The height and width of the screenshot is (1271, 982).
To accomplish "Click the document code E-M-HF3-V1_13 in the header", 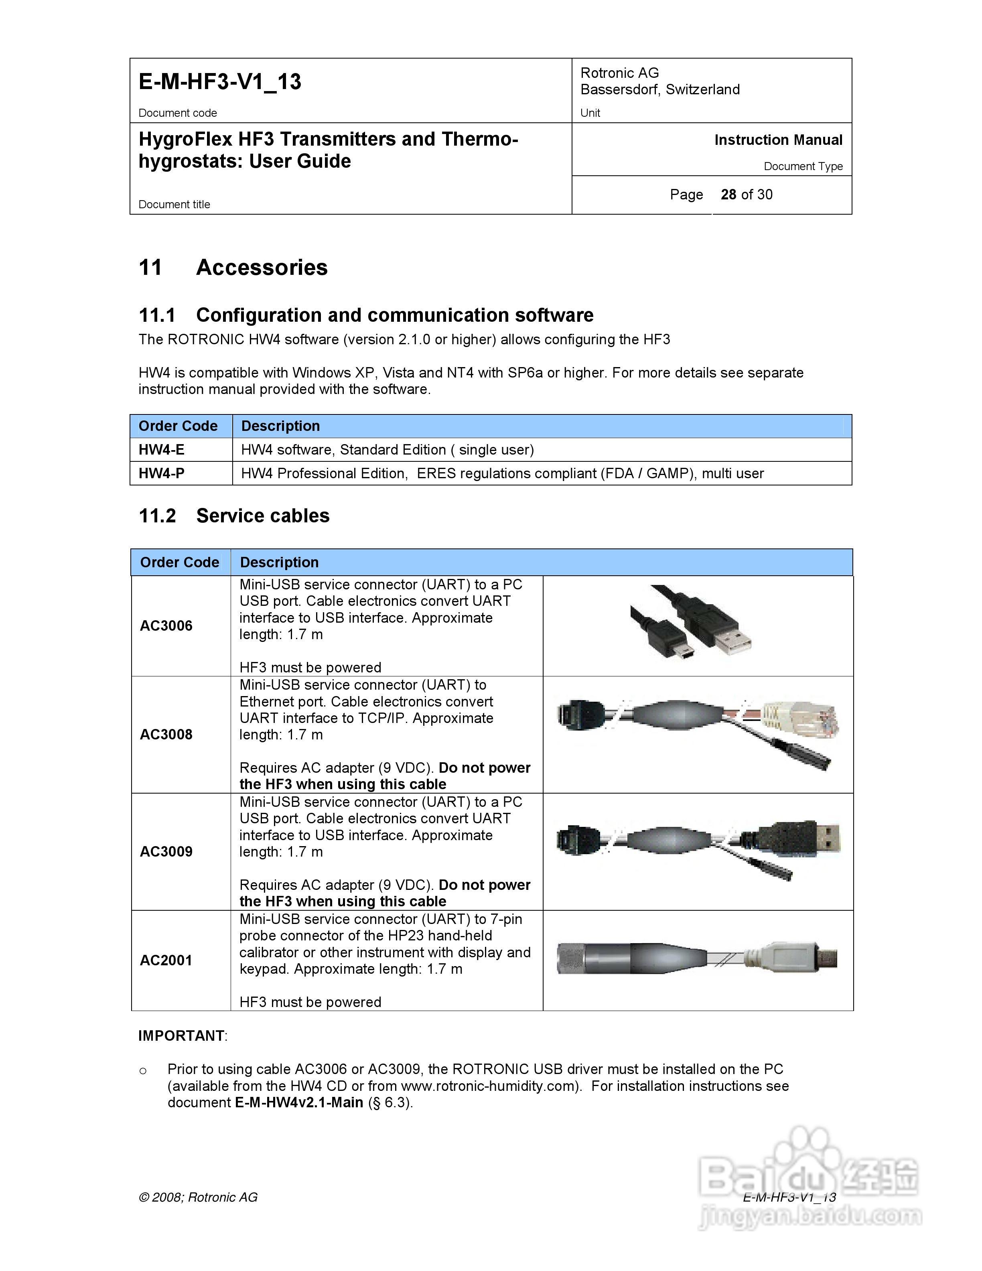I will pos(219,81).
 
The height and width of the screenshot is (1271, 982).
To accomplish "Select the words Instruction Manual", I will pos(778,140).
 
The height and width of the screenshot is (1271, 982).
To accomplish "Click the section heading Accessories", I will pos(262,268).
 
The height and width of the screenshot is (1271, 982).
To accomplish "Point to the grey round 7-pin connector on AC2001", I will pos(588,958).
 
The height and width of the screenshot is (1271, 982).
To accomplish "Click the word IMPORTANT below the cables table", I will pos(181,1036).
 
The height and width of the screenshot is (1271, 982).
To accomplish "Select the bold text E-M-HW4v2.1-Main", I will pos(299,1103).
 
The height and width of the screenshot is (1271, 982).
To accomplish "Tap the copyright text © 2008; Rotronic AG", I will pos(198,1197).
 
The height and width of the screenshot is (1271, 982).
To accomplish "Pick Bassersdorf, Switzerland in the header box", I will pos(660,89).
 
